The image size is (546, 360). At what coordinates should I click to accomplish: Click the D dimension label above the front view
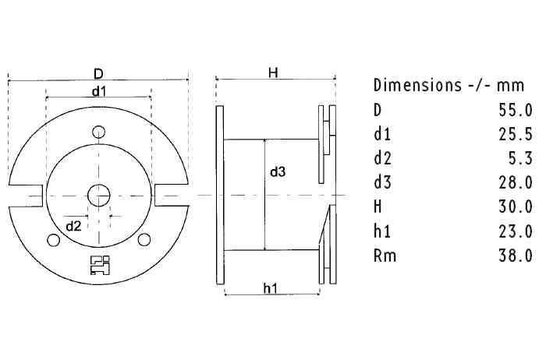click(98, 74)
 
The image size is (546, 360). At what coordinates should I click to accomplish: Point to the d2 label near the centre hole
click(73, 225)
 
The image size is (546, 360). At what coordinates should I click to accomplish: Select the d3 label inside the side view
click(278, 172)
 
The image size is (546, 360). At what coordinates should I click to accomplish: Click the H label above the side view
click(272, 72)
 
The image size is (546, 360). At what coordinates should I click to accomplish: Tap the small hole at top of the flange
click(98, 131)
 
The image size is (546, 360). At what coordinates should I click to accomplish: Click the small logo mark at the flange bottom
click(98, 264)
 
